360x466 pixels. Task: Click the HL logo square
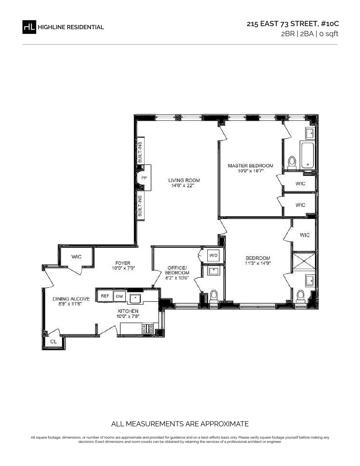29,27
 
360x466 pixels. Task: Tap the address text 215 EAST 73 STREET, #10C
293,24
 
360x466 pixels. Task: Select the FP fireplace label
144,178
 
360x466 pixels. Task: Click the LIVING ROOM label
184,180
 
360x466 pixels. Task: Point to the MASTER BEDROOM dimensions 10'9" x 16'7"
250,171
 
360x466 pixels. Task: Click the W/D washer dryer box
213,256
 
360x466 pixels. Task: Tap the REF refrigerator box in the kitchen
105,296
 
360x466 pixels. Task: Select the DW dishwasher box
119,296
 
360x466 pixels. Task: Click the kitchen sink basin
135,298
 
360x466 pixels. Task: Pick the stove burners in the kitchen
148,328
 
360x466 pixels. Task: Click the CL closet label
53,341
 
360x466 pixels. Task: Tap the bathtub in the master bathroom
307,155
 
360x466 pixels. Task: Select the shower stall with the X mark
304,261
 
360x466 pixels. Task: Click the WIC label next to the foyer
76,257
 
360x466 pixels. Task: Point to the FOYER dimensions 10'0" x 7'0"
123,268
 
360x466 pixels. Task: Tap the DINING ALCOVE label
71,299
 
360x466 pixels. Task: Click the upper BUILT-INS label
140,152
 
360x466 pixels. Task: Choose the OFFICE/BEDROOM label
177,270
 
